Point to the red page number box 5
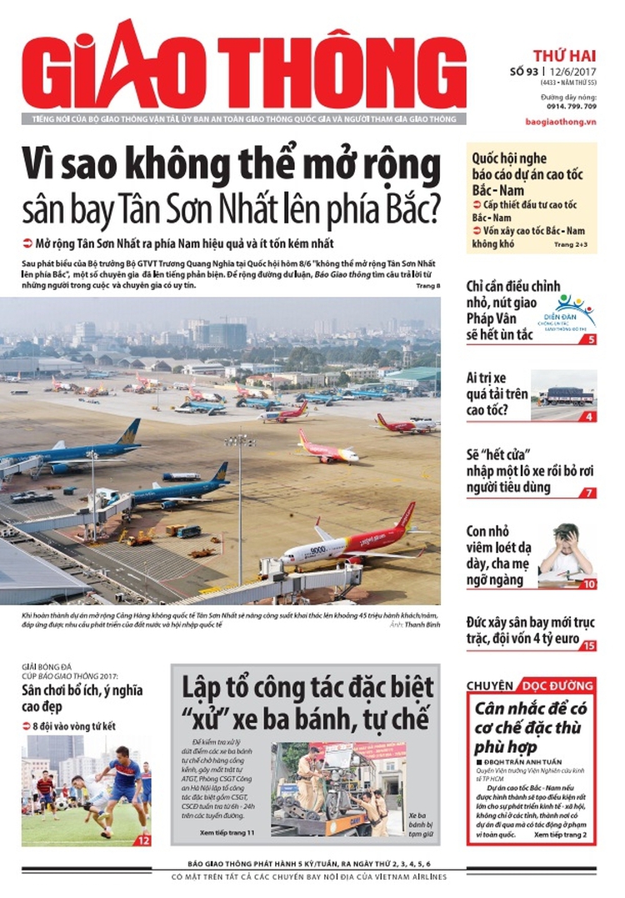(589, 339)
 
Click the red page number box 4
(589, 416)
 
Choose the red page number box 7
(589, 492)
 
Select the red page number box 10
(588, 584)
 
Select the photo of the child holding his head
(566, 553)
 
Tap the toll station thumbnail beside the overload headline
(565, 394)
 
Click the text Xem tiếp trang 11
(227, 832)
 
